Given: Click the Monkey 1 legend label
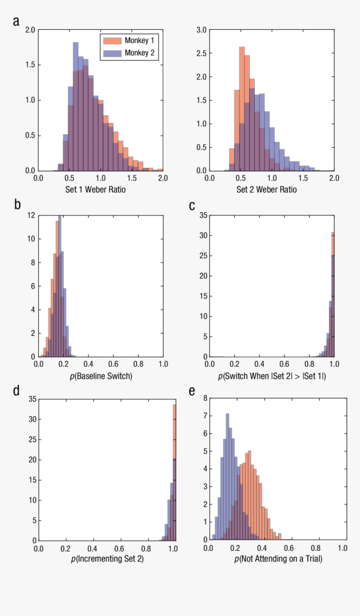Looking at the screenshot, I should click(139, 41).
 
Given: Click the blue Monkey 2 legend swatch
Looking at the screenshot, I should click(112, 53).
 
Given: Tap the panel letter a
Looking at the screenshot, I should click(16, 21).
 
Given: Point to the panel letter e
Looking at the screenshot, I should click(192, 391).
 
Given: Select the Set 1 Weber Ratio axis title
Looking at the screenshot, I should click(95, 190).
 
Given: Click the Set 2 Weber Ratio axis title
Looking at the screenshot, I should click(267, 190).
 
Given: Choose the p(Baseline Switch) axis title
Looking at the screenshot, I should click(101, 376).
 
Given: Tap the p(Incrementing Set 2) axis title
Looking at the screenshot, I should click(107, 559).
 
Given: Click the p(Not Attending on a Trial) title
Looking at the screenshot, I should click(278, 559).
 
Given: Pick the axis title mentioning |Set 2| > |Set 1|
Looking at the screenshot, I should click(272, 376).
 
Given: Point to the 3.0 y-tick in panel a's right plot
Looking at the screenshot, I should click(202, 30).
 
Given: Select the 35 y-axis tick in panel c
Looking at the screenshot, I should click(203, 215).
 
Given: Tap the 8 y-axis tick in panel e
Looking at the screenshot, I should click(205, 398).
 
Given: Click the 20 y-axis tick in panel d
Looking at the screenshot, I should click(32, 460).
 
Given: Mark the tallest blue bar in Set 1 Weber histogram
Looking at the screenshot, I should click(76, 105).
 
